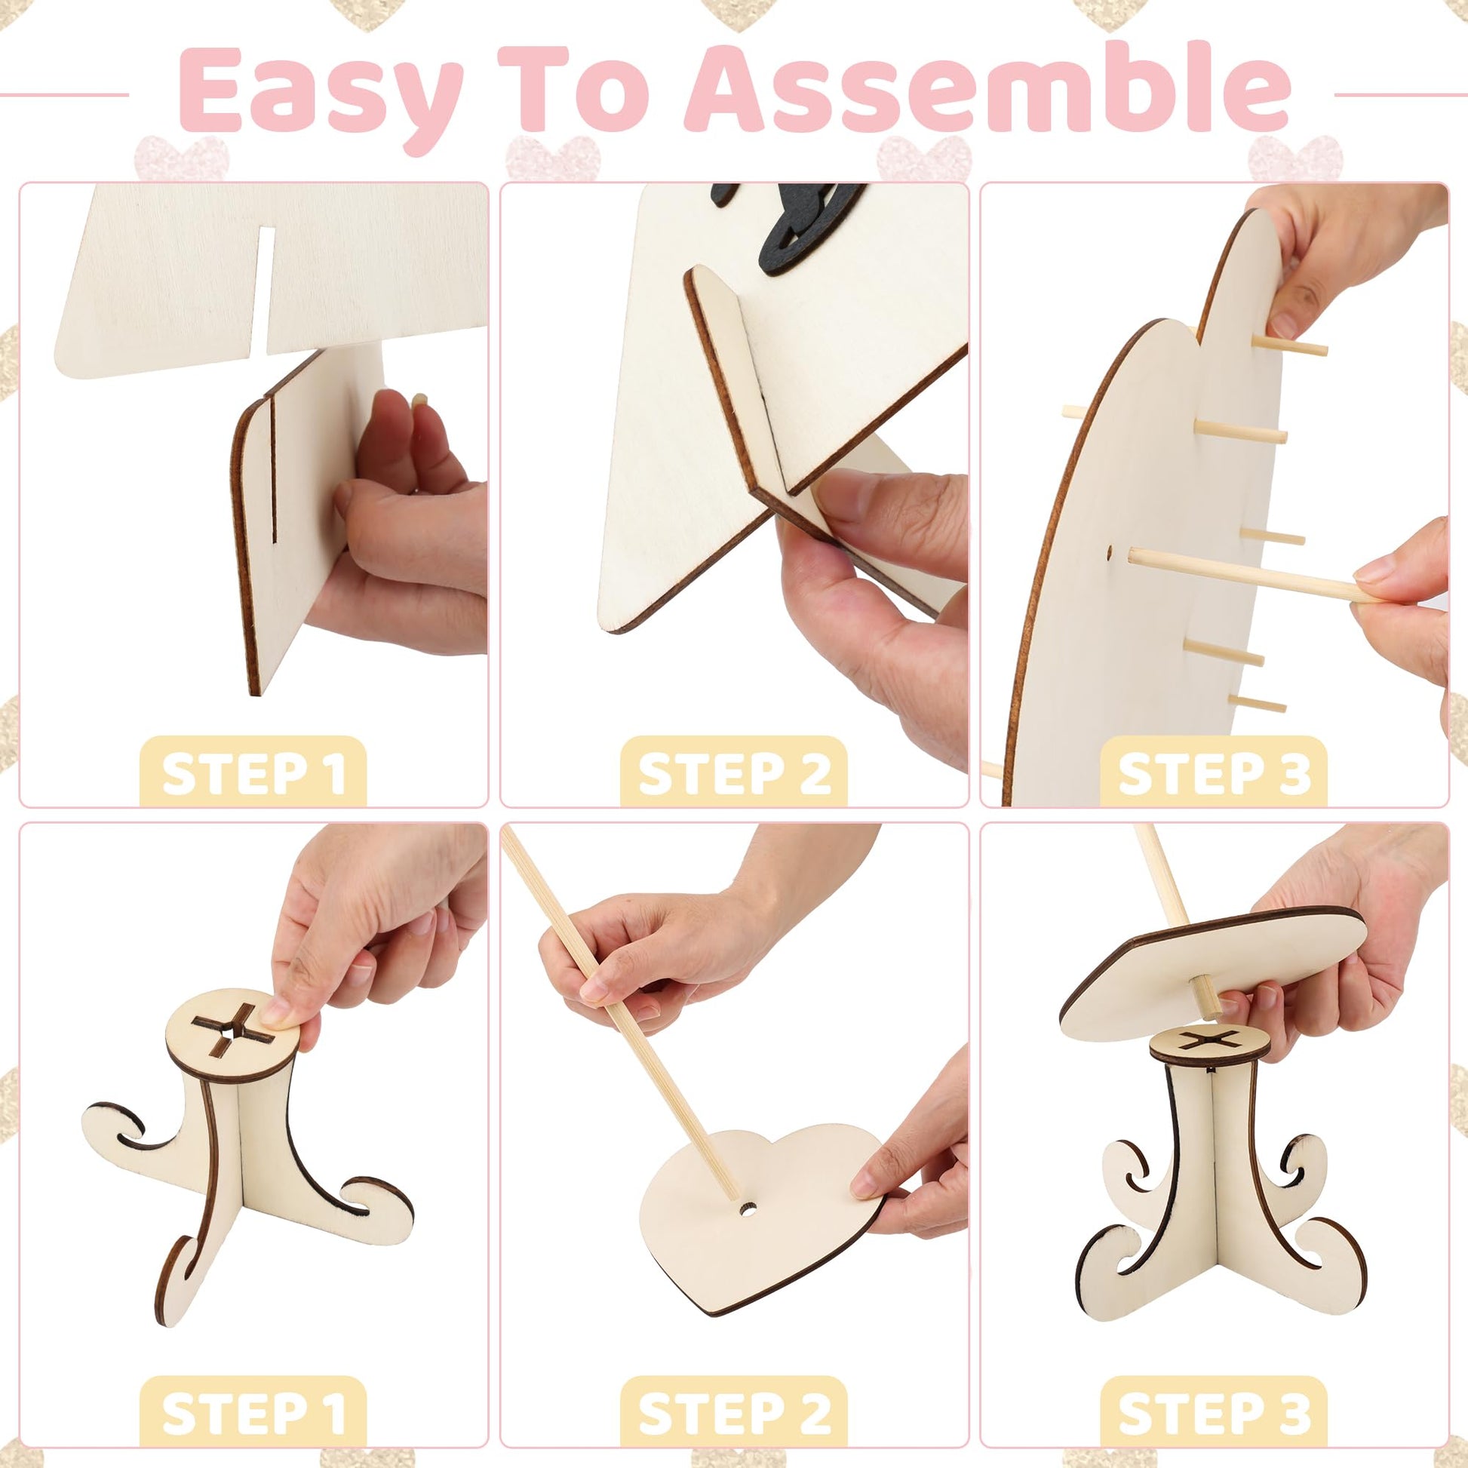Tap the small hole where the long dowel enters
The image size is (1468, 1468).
click(x=1110, y=548)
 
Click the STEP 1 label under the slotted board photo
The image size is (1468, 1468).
click(x=253, y=773)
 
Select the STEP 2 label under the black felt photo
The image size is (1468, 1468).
click(x=734, y=773)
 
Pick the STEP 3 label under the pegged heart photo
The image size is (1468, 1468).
click(x=1215, y=773)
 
